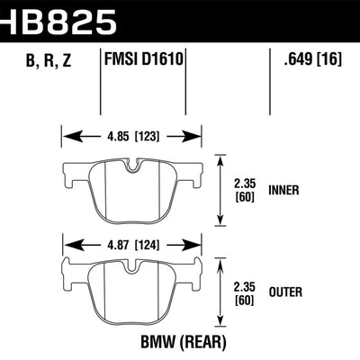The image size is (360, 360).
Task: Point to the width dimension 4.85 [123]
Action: point(130,139)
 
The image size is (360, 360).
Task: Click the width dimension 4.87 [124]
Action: point(130,242)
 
